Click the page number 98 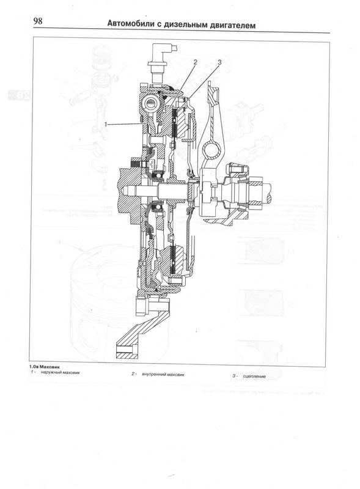pos(38,21)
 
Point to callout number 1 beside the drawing pos(106,124)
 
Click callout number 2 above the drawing pos(196,62)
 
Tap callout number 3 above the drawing pos(219,62)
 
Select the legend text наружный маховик pos(61,372)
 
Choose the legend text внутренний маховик pos(163,374)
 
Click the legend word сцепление pos(254,377)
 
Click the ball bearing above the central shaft pos(158,177)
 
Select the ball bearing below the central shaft pos(157,207)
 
